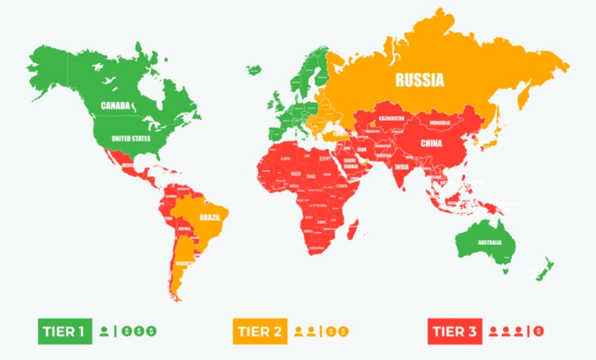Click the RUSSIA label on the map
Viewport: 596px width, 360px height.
420,80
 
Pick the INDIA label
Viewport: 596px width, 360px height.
402,167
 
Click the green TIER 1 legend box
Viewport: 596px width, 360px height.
63,331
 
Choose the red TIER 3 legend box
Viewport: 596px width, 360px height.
453,331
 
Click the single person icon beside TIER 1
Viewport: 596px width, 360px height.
103,331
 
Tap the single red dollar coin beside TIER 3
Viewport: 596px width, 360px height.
538,331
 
